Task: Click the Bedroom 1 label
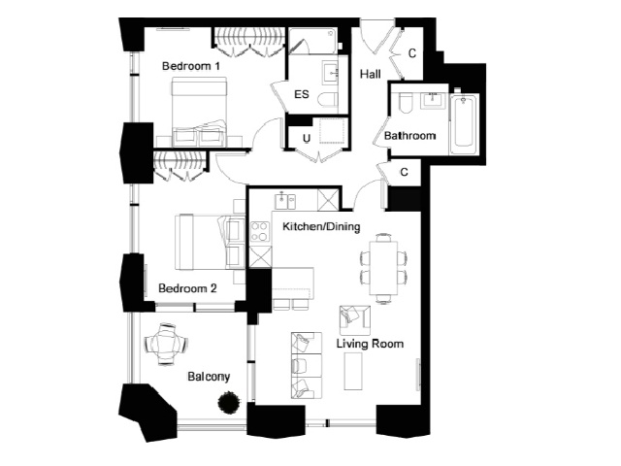coord(191,66)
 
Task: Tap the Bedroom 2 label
coord(187,288)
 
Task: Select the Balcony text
coord(209,377)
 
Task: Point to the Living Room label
coord(370,343)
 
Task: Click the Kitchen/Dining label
coord(321,226)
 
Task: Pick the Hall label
coord(371,74)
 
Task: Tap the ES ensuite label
coord(302,94)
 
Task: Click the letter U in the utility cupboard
coord(307,139)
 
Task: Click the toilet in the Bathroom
coord(406,103)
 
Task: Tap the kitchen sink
coord(285,201)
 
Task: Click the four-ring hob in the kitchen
coord(260,231)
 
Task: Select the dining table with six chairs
coord(383,268)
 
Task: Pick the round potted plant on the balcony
coord(229,403)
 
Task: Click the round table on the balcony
coord(166,344)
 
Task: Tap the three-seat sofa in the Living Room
coord(307,365)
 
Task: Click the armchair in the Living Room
coord(355,319)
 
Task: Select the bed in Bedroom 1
coord(199,112)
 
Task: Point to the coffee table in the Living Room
coord(353,371)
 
